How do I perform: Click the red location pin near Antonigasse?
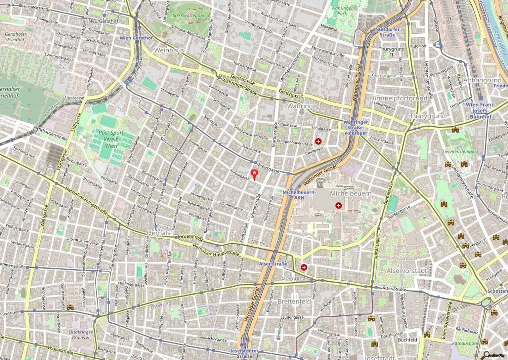pyautogui.click(x=254, y=174)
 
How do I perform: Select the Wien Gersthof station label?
pyautogui.click(x=136, y=38)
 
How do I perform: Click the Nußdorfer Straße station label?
pyautogui.click(x=387, y=32)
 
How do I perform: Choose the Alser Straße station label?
pyautogui.click(x=273, y=264)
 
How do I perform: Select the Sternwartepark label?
pyautogui.click(x=189, y=15)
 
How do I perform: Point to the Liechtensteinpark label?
pyautogui.click(x=460, y=152)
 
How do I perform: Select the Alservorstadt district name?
pyautogui.click(x=407, y=271)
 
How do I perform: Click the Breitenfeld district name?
pyautogui.click(x=294, y=301)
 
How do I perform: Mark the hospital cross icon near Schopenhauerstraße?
pyautogui.click(x=318, y=141)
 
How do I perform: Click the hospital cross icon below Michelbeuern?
pyautogui.click(x=338, y=206)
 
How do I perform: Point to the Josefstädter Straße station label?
pyautogui.click(x=245, y=353)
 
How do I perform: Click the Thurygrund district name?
pyautogui.click(x=428, y=116)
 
